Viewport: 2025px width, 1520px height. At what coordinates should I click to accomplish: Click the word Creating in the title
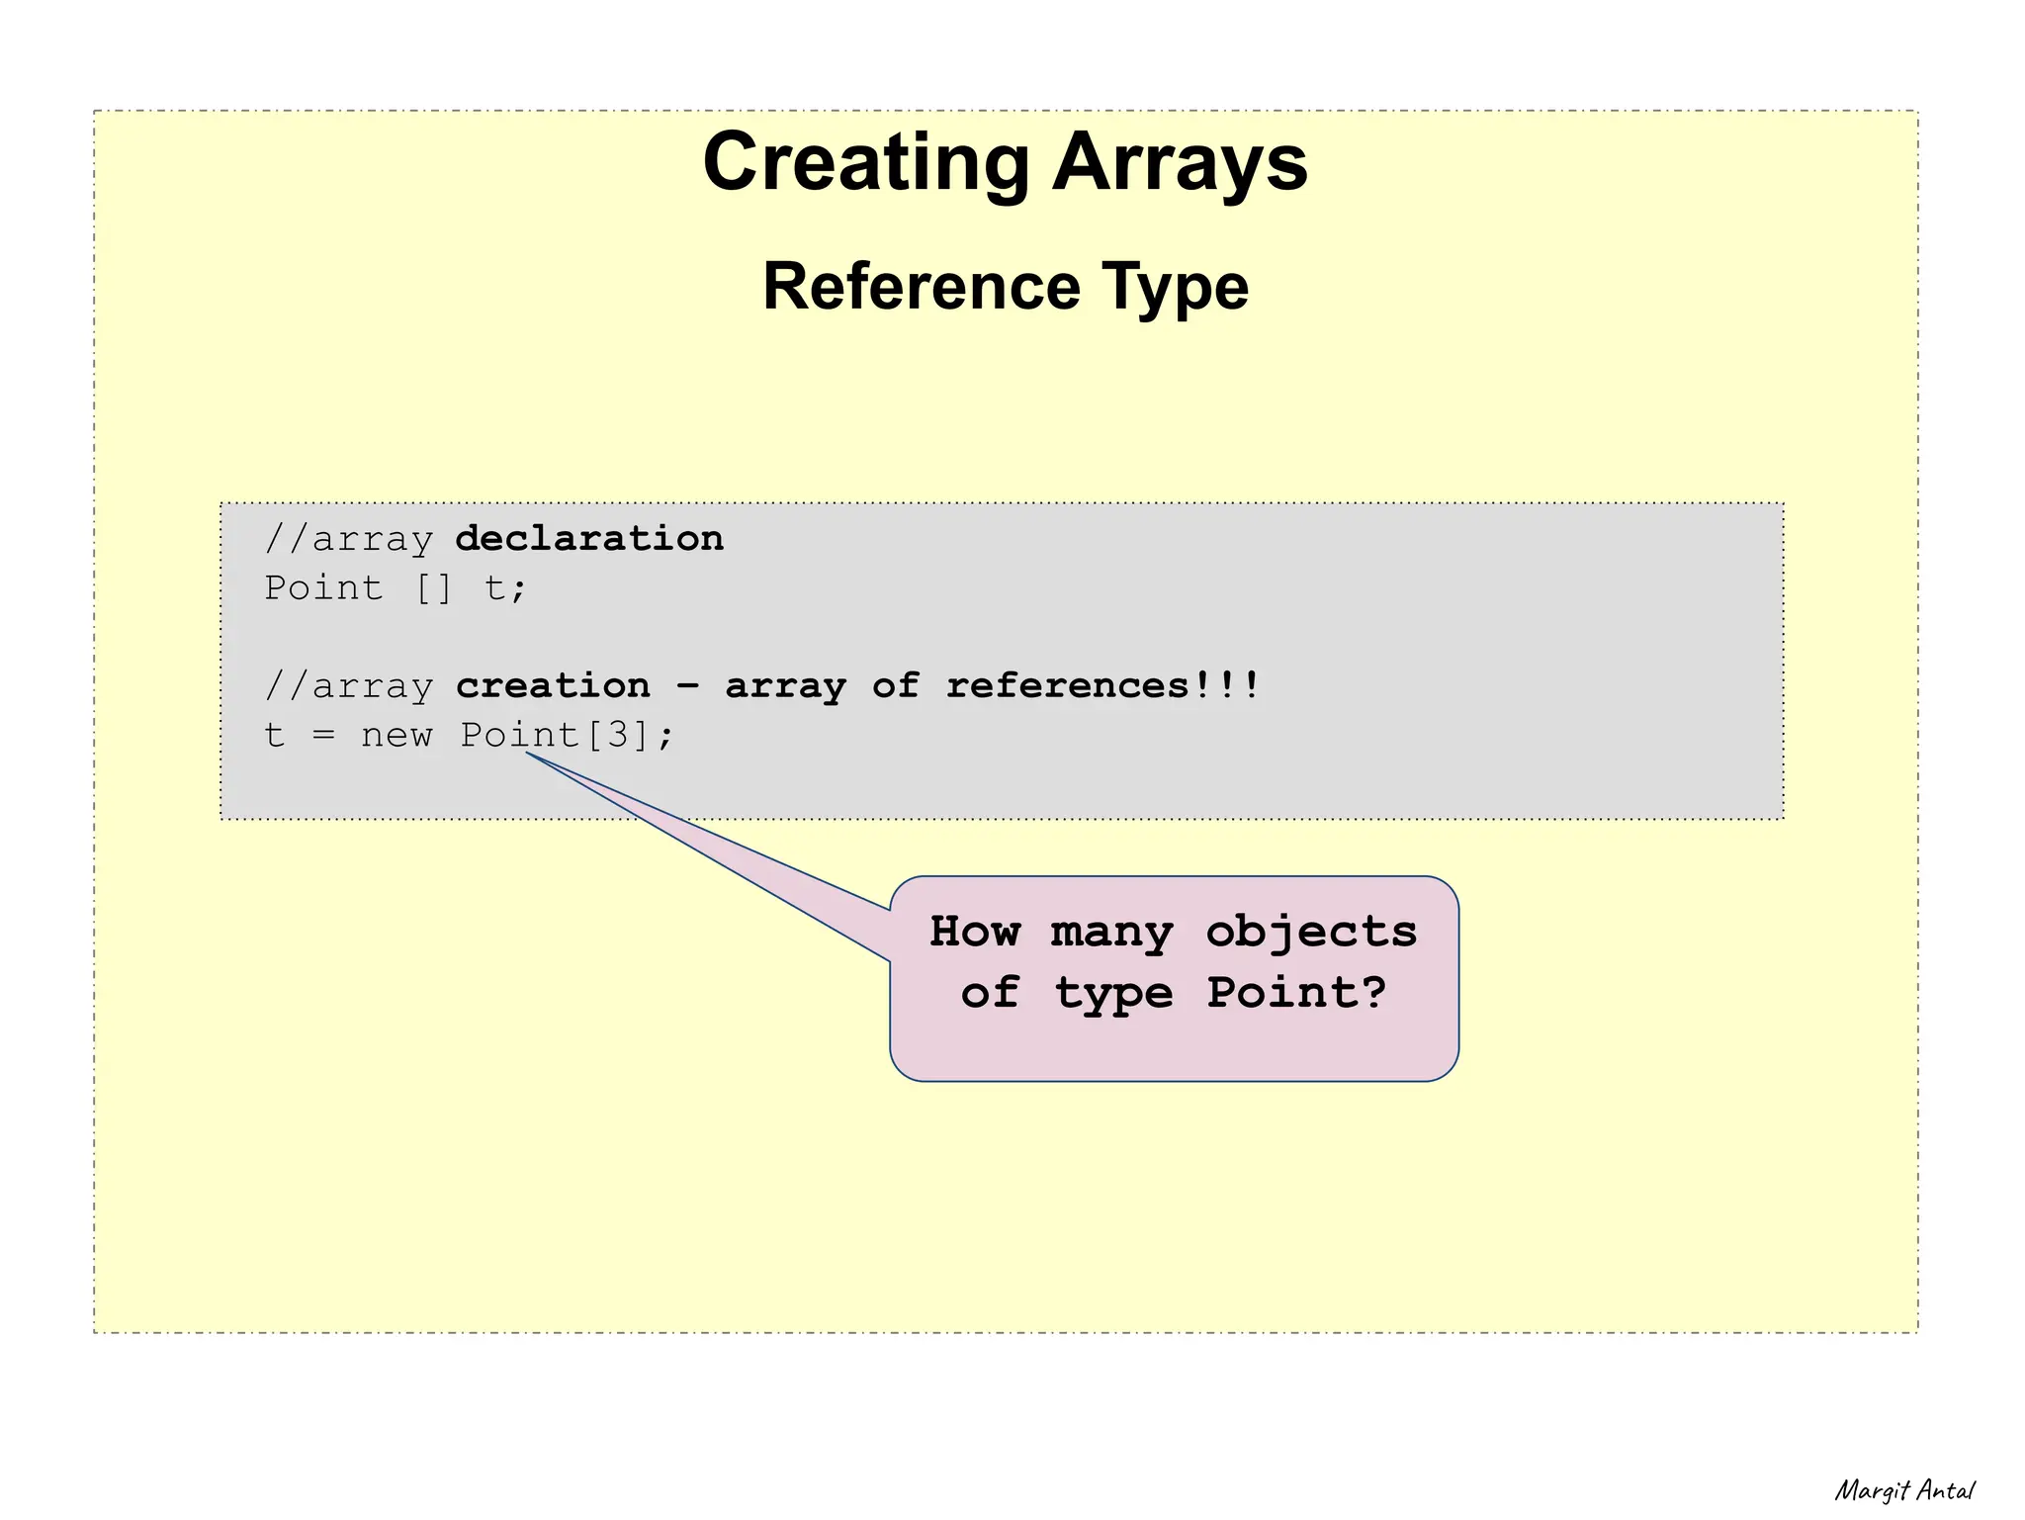click(x=866, y=163)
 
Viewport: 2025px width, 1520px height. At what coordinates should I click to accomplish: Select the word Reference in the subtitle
click(x=922, y=287)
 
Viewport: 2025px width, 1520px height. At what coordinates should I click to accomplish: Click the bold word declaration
click(x=589, y=539)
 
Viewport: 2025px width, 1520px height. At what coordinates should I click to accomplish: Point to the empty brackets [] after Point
click(x=433, y=588)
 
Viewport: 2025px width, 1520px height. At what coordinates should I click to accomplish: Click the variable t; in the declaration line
click(x=505, y=588)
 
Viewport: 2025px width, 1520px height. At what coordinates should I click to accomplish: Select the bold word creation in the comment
click(x=553, y=685)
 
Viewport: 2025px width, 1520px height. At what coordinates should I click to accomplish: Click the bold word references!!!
click(x=1102, y=685)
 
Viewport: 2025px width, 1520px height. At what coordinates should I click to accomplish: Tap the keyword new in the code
click(x=396, y=736)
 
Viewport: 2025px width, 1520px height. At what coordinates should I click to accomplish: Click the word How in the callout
click(x=974, y=932)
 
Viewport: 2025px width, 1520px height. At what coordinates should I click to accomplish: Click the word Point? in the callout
click(x=1296, y=992)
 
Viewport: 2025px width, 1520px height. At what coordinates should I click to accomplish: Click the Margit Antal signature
click(x=1903, y=1490)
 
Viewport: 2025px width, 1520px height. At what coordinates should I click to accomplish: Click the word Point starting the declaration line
click(x=322, y=588)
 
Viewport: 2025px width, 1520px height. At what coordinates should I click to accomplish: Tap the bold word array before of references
click(x=785, y=685)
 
